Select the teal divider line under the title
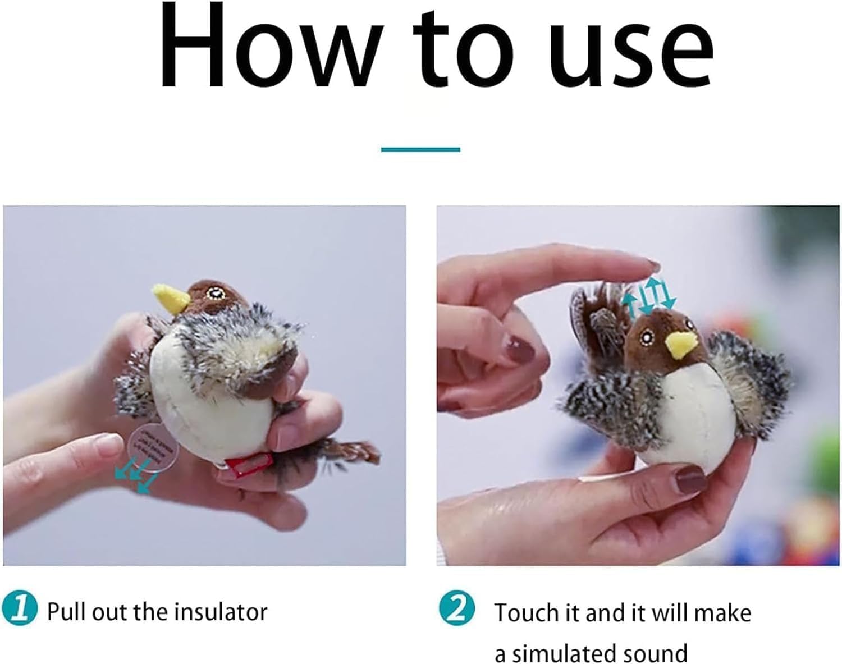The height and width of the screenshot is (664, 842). click(420, 149)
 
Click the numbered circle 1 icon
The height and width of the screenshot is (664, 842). click(20, 610)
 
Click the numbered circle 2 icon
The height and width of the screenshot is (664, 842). click(456, 610)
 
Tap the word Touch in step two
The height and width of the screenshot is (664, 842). click(528, 612)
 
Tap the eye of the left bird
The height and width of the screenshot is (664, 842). click(213, 293)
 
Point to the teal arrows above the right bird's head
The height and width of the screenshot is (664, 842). click(649, 296)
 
